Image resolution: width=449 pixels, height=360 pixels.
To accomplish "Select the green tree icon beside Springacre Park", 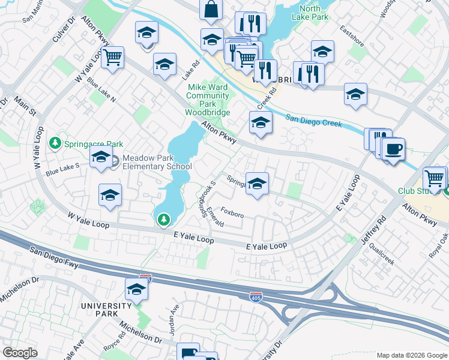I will (x=55, y=143).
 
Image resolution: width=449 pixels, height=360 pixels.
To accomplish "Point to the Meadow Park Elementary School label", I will (x=157, y=163).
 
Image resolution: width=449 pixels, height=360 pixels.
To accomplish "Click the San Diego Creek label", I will (x=313, y=121).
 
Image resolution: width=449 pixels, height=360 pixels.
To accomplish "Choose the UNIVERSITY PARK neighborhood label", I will (x=106, y=306).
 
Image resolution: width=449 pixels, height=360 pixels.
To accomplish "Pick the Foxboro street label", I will (x=232, y=212).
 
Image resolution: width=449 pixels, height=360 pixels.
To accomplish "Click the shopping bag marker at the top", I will (x=211, y=10).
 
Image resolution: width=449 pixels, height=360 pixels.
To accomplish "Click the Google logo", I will (x=20, y=353).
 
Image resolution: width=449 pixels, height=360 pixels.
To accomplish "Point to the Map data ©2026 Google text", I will (x=412, y=355).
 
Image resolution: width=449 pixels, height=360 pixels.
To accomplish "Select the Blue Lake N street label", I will (x=100, y=88).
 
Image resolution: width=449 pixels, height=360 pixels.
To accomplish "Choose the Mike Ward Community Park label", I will (x=207, y=99).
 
